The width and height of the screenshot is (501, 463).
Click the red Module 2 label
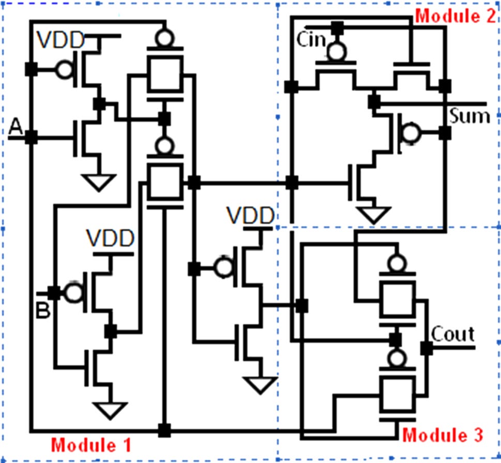coord(456,16)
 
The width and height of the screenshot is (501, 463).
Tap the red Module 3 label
coord(443,434)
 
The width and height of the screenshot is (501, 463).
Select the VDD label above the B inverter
coord(110,238)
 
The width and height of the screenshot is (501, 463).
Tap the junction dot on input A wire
coord(31,137)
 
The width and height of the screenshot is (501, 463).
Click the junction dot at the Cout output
coord(427,348)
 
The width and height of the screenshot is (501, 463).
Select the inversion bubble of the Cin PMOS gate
coord(337,51)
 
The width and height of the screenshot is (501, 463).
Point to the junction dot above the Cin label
coord(337,26)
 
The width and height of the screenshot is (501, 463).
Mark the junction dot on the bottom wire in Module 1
coord(164,429)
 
